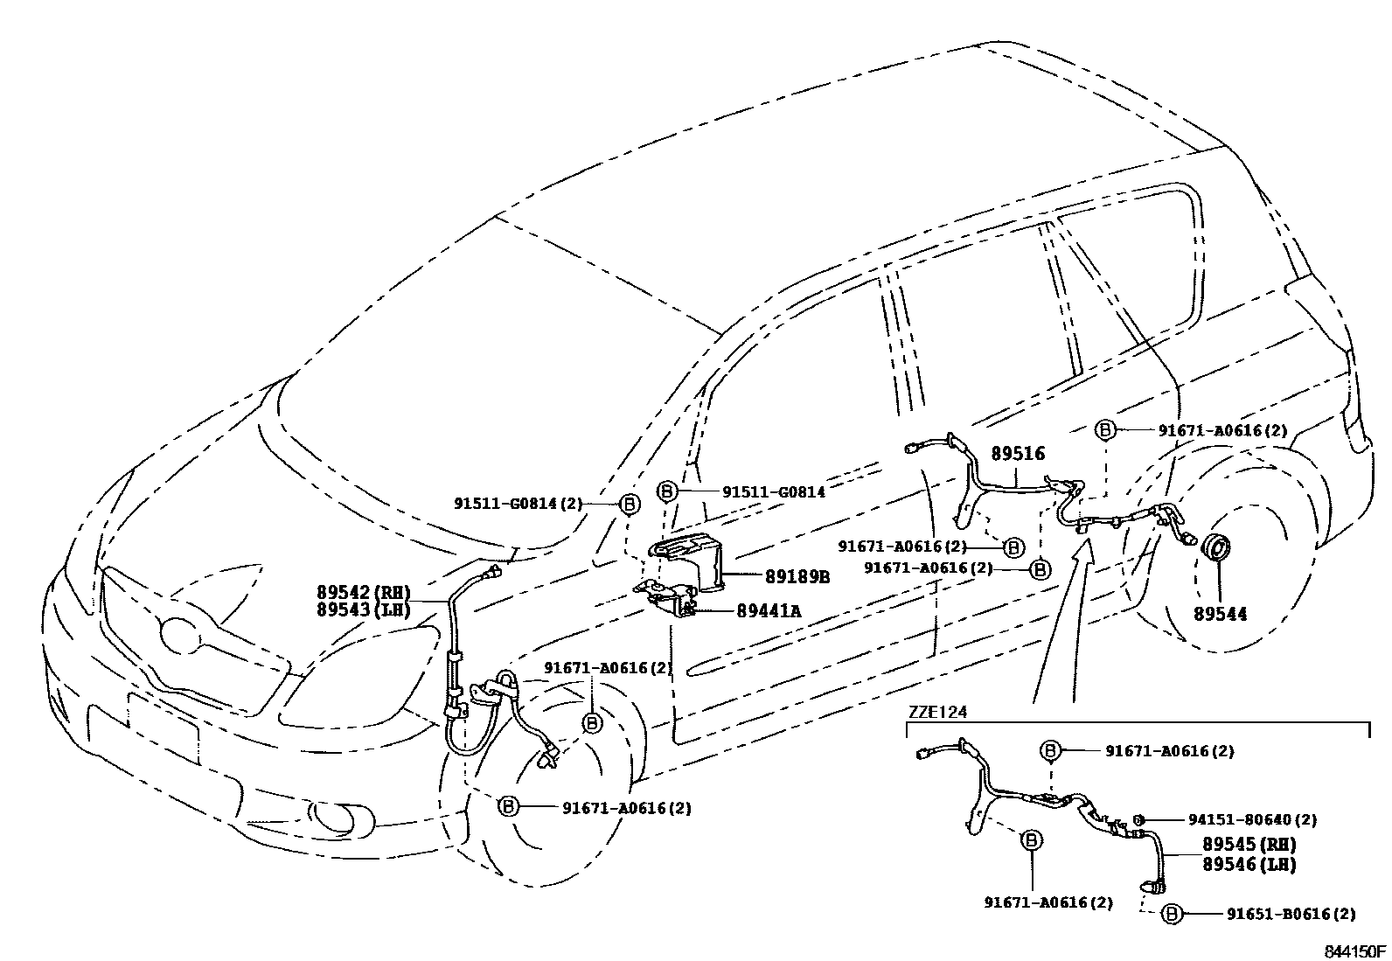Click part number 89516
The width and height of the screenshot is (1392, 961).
(x=1017, y=455)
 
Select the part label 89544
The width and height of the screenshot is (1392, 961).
(x=1220, y=615)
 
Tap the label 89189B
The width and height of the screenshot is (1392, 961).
(x=797, y=577)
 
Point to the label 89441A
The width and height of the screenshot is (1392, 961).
(x=769, y=611)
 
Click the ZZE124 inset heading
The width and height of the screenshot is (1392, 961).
(x=938, y=712)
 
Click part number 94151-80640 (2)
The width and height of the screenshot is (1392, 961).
(x=1252, y=820)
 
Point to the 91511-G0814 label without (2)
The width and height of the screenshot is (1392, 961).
(x=773, y=492)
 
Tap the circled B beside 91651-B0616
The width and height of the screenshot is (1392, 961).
(x=1172, y=914)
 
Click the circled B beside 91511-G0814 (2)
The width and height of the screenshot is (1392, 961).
(x=629, y=504)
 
